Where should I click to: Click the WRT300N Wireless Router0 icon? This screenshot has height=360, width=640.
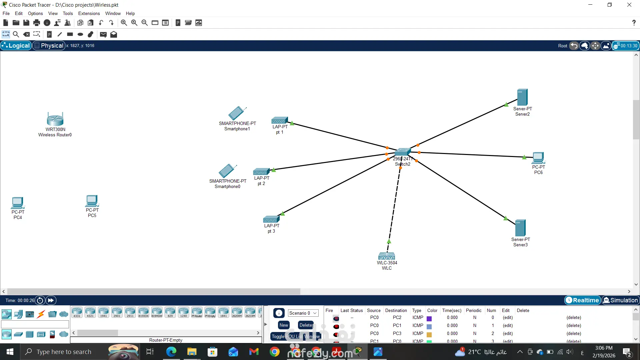[55, 119]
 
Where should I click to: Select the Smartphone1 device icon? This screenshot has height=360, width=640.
[237, 113]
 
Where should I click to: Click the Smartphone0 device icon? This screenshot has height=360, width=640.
[227, 171]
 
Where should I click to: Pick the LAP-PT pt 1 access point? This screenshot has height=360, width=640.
[279, 121]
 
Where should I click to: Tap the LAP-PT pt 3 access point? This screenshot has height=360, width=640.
[271, 219]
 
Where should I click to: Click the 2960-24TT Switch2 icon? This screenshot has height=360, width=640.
[402, 152]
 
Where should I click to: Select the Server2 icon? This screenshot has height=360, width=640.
[522, 97]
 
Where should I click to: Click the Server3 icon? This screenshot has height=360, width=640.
[520, 228]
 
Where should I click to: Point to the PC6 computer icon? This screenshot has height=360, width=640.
[538, 158]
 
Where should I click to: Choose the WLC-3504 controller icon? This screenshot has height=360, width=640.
[387, 256]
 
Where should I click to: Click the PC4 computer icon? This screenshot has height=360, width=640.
[18, 203]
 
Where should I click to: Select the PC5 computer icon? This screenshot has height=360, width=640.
[92, 201]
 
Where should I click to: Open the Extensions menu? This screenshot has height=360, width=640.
[89, 13]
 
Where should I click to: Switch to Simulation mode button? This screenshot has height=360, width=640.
[620, 300]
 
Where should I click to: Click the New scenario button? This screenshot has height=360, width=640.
[284, 325]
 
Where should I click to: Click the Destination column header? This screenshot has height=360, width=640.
[396, 310]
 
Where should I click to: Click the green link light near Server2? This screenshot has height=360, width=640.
[506, 105]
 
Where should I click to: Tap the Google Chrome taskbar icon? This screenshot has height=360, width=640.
[274, 352]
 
